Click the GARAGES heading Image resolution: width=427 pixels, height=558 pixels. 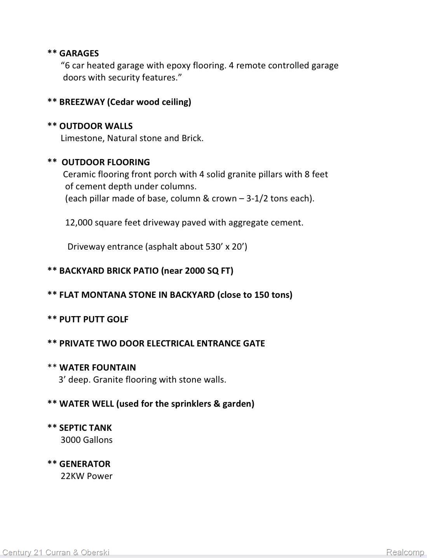[x=79, y=53]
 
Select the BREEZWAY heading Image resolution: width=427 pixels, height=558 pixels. [x=82, y=102]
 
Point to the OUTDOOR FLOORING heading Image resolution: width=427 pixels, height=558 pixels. [x=105, y=162]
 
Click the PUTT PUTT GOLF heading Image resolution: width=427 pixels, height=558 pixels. [x=94, y=319]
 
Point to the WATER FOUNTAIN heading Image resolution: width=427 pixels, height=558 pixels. [x=98, y=367]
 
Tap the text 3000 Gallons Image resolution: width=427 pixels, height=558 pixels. [x=86, y=440]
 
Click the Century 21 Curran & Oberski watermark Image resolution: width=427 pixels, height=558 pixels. [x=56, y=552]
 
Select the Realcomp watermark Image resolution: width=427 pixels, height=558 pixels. [x=405, y=552]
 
